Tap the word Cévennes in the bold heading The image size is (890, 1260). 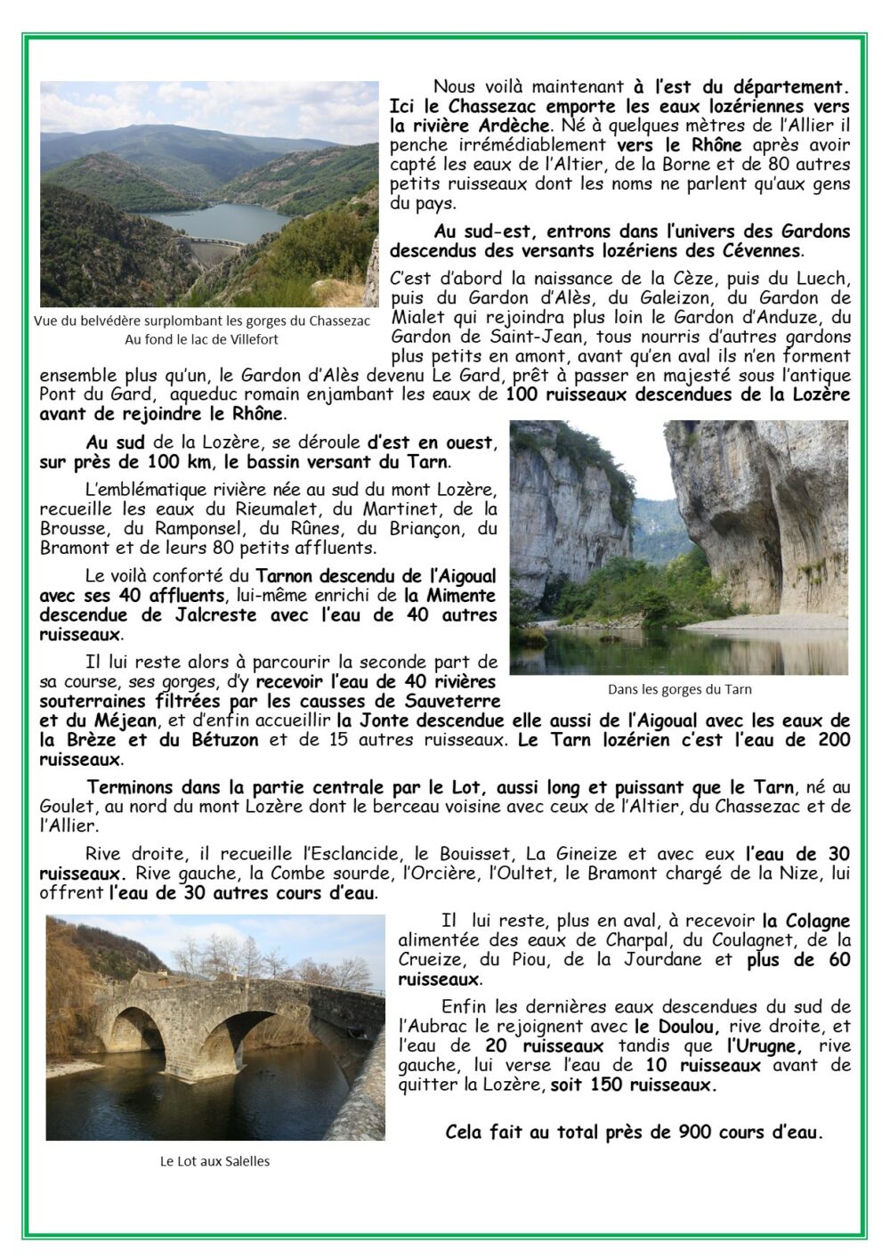(764, 250)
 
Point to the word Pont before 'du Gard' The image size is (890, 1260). (56, 394)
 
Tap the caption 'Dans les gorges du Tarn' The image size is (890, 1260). (679, 688)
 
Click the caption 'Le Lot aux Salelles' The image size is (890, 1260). (214, 1161)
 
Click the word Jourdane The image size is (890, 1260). (657, 960)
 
